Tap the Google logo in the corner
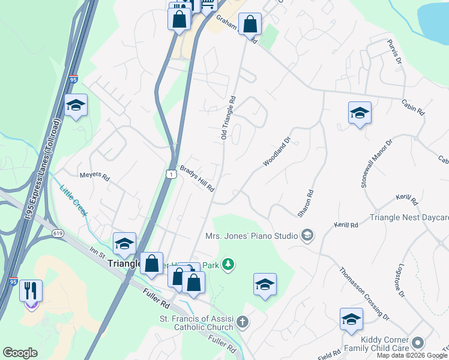20,353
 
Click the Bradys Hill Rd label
197,178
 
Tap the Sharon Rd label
305,203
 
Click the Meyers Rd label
95,177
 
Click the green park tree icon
228,264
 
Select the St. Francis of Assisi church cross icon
241,322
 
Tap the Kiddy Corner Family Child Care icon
418,343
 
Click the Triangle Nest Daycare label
409,218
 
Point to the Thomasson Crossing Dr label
364,293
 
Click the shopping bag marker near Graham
250,25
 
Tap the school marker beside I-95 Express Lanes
76,106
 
